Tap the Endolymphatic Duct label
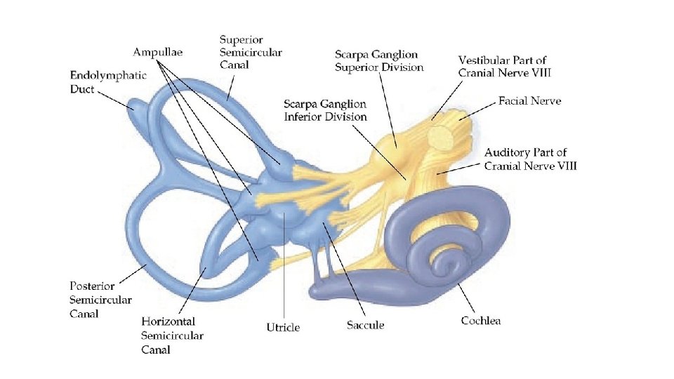point(108,81)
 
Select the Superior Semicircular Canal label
point(250,53)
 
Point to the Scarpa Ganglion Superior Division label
point(379,61)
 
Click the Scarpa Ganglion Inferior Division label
point(325,110)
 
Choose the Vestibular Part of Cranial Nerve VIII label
point(502,66)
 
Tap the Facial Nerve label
point(529,101)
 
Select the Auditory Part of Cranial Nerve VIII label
point(530,159)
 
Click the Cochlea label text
point(480,321)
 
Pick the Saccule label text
point(365,325)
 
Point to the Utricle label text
point(283,327)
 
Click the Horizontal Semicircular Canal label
point(172,335)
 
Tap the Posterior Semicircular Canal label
point(100,300)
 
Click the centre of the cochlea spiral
point(444,265)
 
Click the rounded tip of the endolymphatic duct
point(132,105)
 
